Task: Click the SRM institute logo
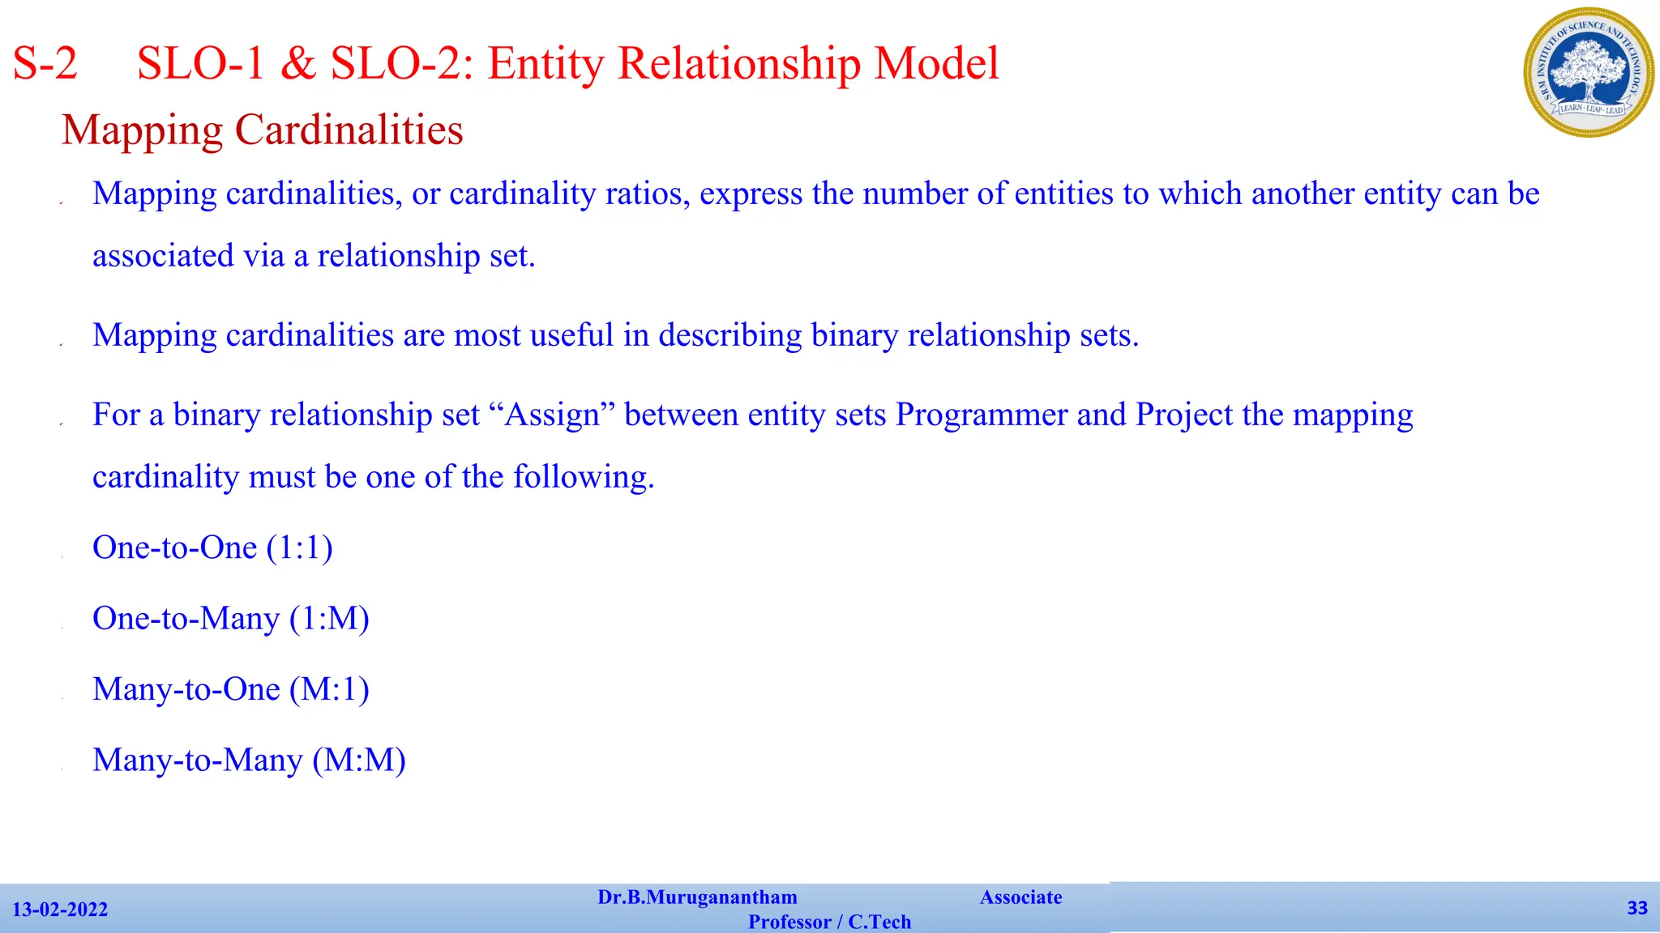[1588, 72]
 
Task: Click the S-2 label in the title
[45, 63]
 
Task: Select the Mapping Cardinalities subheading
[262, 130]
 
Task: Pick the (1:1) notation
[299, 548]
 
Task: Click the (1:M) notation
[329, 619]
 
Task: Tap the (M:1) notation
[329, 689]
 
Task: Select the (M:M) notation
[359, 760]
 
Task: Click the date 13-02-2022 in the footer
[60, 910]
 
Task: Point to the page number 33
[1637, 908]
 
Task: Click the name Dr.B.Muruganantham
[697, 897]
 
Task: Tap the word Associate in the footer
[1020, 897]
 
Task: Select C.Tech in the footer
[879, 922]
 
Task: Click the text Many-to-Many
[197, 760]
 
